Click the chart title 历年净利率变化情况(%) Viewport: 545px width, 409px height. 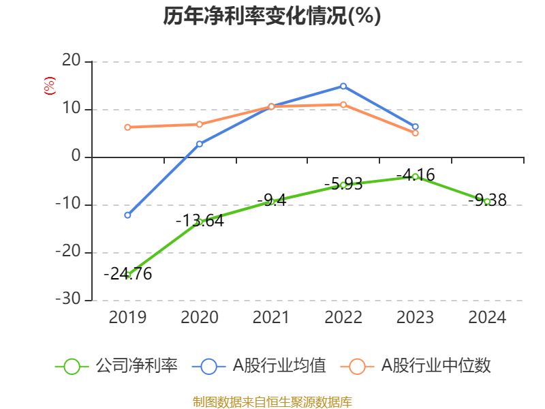[272, 16]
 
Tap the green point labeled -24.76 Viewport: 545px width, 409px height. [127, 274]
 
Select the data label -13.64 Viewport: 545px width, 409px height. [200, 221]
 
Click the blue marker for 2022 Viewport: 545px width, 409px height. [343, 86]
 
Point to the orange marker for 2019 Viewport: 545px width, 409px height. [127, 127]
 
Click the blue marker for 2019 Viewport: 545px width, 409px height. [127, 215]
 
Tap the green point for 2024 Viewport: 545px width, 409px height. [488, 201]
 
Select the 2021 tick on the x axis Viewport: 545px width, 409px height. [271, 317]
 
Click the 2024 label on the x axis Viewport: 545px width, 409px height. [488, 317]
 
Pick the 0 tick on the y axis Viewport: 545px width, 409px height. [76, 157]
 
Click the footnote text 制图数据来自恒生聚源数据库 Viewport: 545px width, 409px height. [272, 402]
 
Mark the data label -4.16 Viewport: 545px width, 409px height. [415, 175]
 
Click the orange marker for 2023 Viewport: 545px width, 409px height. [416, 133]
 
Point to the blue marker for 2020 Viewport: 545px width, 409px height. [200, 144]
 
